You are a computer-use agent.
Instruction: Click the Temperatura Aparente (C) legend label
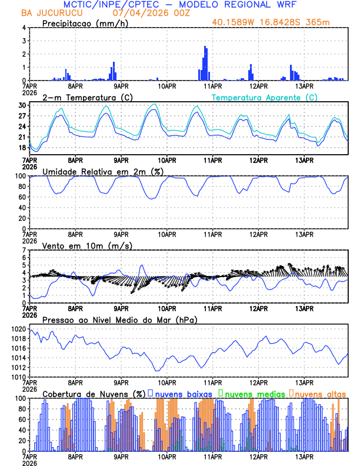264,97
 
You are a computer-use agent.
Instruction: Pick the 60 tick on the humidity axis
22,197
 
